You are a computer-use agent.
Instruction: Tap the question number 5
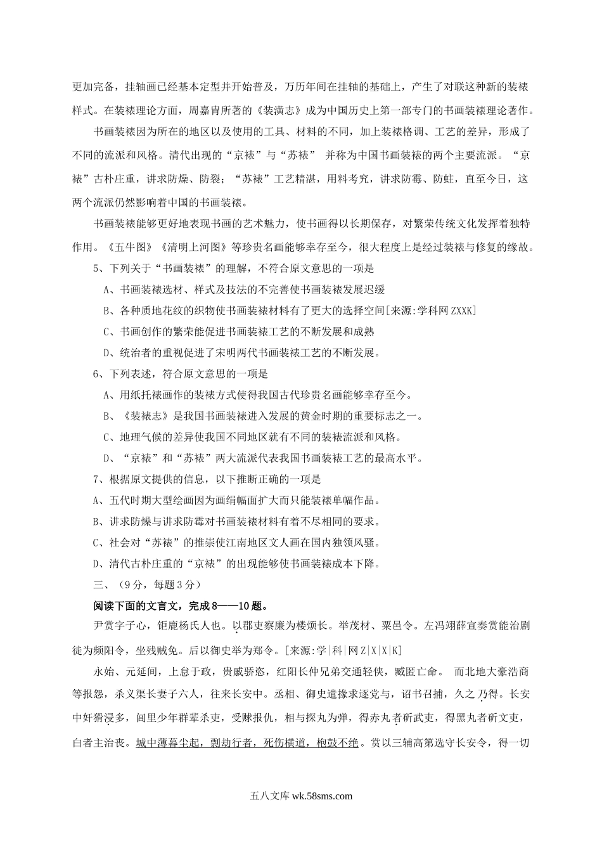96,268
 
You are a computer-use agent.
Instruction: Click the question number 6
96,374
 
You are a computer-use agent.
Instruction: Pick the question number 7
96,480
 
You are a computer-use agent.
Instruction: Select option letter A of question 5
106,290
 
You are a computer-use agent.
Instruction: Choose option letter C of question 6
106,437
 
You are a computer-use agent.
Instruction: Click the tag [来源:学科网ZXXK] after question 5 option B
430,311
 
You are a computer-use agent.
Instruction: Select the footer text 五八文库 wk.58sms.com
301,796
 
